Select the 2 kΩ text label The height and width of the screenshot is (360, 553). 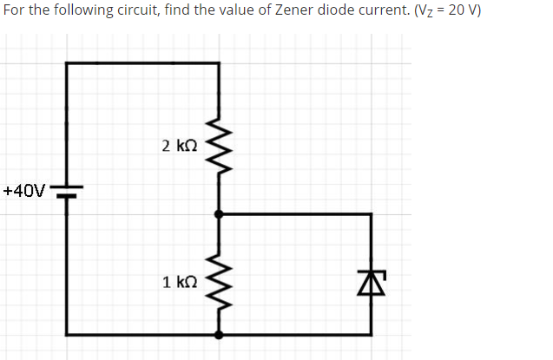tap(180, 146)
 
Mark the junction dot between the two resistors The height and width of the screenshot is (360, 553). tap(218, 213)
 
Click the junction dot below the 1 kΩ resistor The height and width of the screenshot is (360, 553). tap(218, 334)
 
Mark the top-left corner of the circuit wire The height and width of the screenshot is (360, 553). tap(67, 62)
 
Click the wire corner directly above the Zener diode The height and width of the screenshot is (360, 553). tap(371, 213)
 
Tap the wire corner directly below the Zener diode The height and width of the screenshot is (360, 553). tap(371, 334)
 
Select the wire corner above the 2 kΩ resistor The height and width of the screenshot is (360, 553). tap(218, 62)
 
